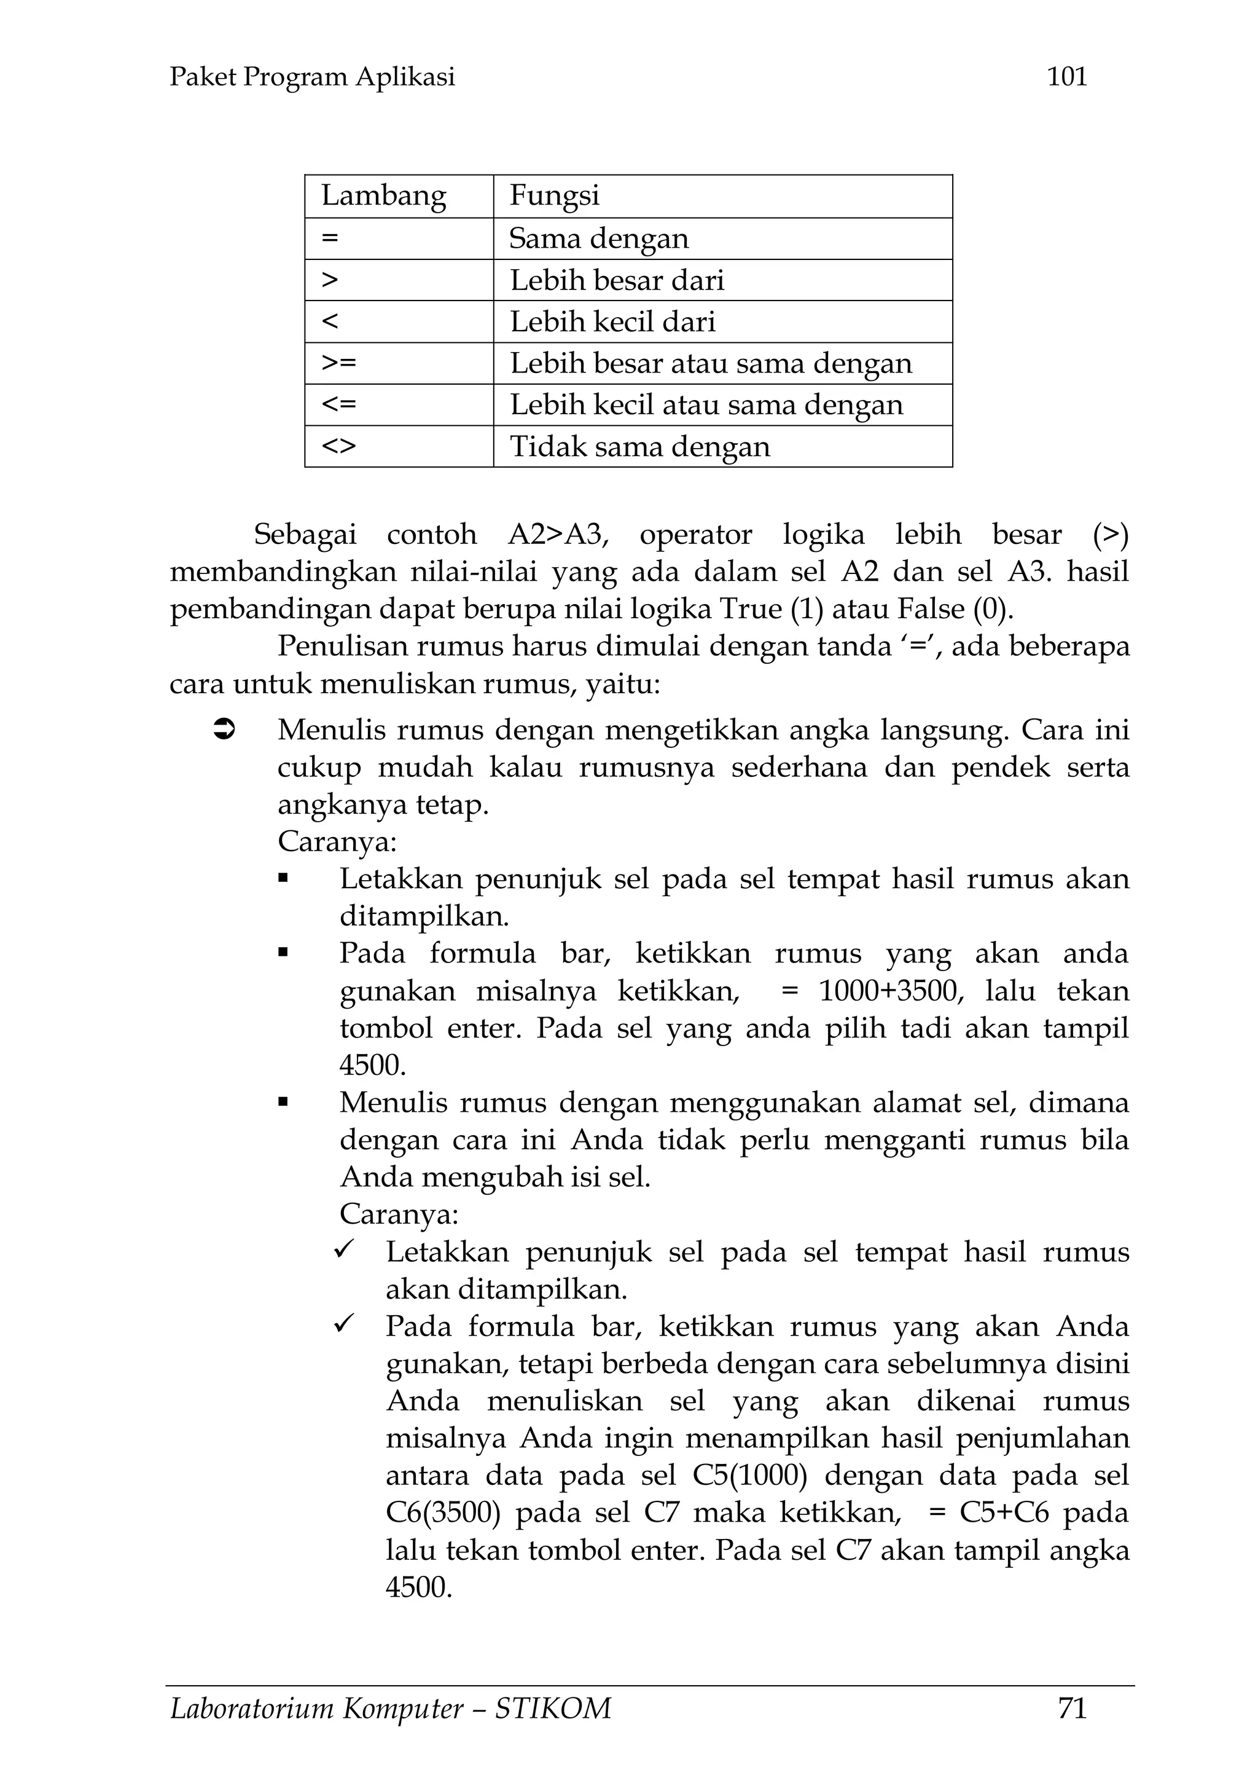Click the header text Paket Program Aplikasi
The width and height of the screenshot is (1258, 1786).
click(x=312, y=76)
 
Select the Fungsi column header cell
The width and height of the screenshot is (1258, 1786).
click(x=554, y=195)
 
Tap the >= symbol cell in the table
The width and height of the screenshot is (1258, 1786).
click(x=339, y=363)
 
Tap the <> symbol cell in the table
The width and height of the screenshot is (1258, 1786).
click(x=339, y=446)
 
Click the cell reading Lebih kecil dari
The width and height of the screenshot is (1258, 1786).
click(x=612, y=321)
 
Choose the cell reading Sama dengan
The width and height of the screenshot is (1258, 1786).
click(x=599, y=238)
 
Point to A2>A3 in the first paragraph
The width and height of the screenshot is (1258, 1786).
click(x=558, y=535)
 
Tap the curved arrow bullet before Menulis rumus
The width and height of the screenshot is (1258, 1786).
click(x=224, y=730)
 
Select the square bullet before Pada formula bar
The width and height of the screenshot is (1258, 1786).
click(x=283, y=952)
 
